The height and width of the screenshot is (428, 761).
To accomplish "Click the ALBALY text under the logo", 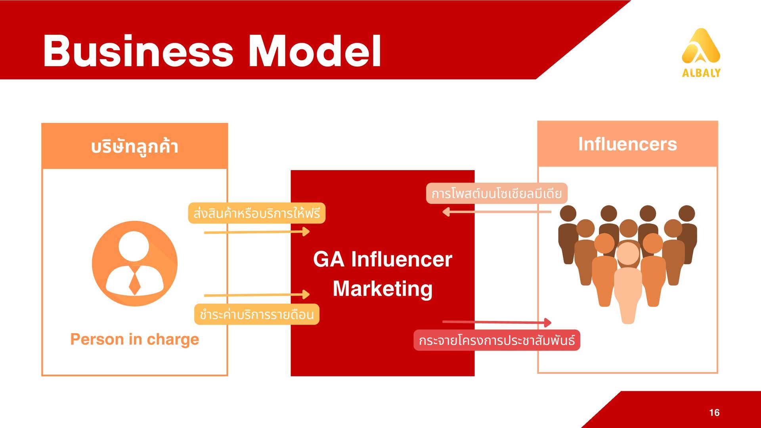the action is [701, 73].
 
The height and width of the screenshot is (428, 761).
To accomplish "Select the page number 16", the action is [714, 413].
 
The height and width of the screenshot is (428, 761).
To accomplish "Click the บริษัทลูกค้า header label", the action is [135, 146].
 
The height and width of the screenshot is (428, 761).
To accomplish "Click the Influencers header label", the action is [627, 144].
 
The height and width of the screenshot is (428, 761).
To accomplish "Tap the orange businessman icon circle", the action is [135, 264].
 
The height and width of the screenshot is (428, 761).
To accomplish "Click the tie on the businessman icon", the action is [135, 281].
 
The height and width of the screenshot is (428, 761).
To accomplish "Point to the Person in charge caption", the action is [135, 339].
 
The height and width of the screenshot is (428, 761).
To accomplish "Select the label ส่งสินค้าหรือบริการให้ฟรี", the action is [256, 213].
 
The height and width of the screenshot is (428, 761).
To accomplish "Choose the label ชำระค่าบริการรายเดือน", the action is [256, 314].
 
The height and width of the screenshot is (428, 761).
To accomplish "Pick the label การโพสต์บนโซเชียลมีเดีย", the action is [497, 193].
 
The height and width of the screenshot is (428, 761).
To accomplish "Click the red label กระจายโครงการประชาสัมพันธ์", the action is [497, 340].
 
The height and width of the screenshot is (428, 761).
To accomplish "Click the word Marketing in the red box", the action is [382, 289].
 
